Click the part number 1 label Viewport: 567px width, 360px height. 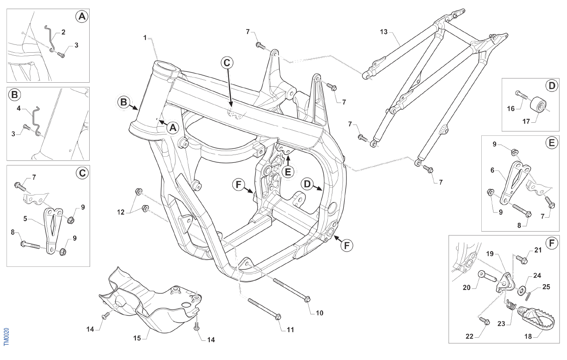point(145,38)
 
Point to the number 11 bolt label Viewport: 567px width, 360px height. point(290,330)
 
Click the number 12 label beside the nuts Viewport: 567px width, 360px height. point(122,212)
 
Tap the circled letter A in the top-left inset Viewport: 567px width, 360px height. point(81,17)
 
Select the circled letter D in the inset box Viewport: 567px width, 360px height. point(552,86)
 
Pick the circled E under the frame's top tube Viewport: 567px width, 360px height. point(288,172)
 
